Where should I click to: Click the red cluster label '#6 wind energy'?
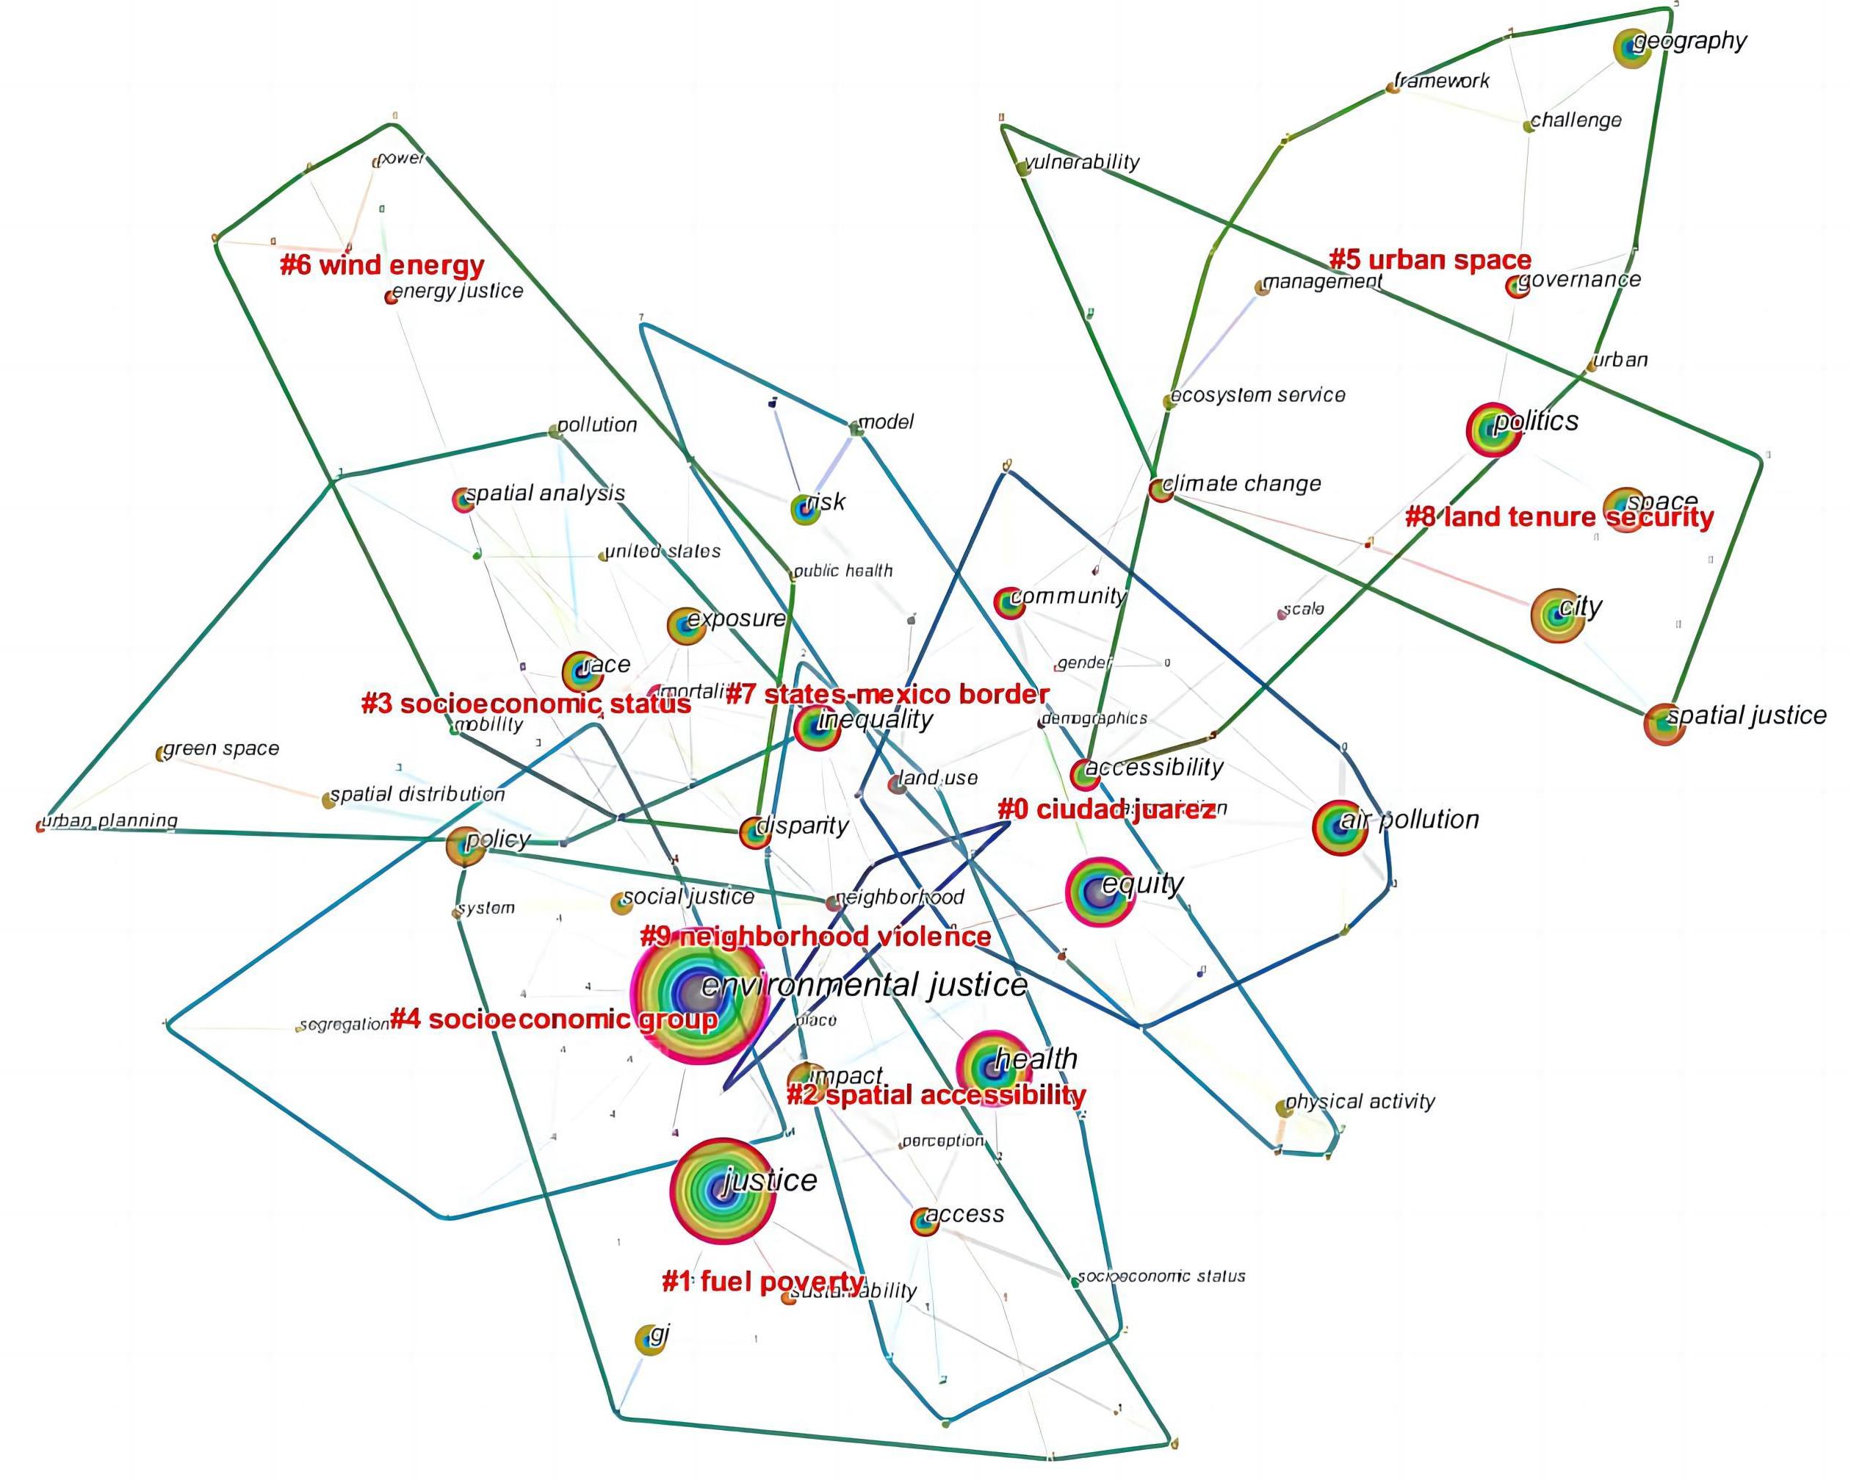pyautogui.click(x=382, y=265)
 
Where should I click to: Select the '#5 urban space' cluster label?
pyautogui.click(x=1430, y=260)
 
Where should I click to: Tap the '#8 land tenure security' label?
pyautogui.click(x=1559, y=517)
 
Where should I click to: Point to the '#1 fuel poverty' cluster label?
pyautogui.click(x=763, y=1282)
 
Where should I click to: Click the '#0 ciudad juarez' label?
pyautogui.click(x=1105, y=809)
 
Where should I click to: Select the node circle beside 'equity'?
pyautogui.click(x=1098, y=894)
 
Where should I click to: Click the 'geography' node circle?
pyautogui.click(x=1632, y=48)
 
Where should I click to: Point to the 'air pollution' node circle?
pyautogui.click(x=1339, y=827)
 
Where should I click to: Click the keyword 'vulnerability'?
pyautogui.click(x=1082, y=162)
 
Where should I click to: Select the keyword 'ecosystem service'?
pyautogui.click(x=1258, y=396)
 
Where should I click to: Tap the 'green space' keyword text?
pyautogui.click(x=222, y=748)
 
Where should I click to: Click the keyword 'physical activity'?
pyautogui.click(x=1360, y=1102)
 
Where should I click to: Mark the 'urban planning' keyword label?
pyautogui.click(x=110, y=820)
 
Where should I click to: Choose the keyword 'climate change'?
pyautogui.click(x=1241, y=484)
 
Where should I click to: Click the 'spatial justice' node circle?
pyautogui.click(x=1664, y=723)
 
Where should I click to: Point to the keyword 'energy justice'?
pyautogui.click(x=458, y=291)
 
